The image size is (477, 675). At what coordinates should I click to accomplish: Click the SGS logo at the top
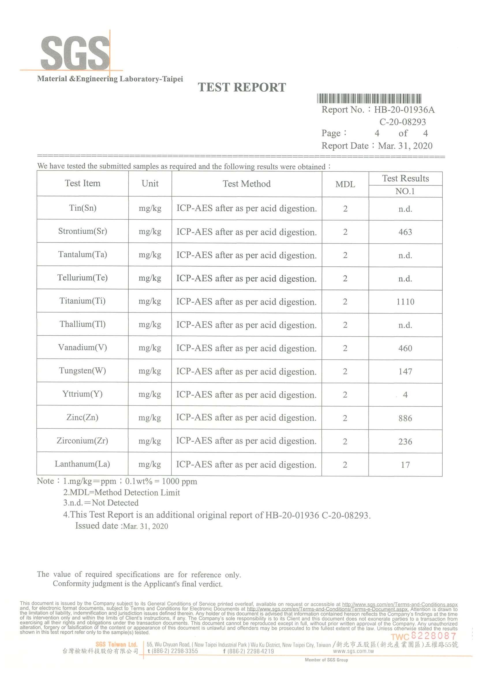coord(75,53)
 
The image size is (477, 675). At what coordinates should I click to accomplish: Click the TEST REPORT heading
coord(242,87)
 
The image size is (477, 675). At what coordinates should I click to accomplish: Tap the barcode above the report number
coord(369,98)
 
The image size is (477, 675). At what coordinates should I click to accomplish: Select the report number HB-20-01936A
coord(404,110)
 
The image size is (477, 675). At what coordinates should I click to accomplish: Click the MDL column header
coord(345,184)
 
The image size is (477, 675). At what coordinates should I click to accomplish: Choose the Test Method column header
coord(247,184)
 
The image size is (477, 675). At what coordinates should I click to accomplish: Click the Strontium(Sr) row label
coord(83,231)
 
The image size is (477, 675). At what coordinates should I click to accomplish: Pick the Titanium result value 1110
coord(405,302)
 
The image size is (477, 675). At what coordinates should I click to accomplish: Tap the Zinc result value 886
coord(405,418)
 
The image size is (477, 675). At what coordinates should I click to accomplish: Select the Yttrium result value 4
coord(405,395)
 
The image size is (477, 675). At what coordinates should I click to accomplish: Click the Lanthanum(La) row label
coord(82,464)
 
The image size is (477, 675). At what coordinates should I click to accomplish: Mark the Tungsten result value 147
coord(405,372)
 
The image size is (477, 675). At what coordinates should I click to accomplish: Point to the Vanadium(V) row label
coord(83,347)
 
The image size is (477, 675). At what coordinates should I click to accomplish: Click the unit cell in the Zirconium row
coord(150,441)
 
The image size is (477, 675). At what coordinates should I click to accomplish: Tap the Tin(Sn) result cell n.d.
coord(405,209)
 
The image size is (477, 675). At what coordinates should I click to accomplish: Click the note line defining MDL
coord(121,492)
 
